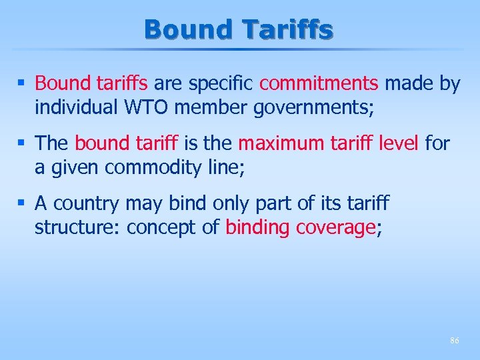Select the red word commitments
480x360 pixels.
[319, 83]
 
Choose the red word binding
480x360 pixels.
[257, 227]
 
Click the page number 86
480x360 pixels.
[454, 340]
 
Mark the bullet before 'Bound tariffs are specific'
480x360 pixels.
[22, 84]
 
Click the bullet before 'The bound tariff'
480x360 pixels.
[22, 143]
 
